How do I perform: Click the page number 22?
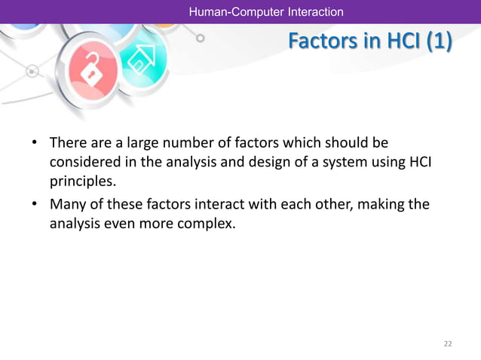tap(448, 343)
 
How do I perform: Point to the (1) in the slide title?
tap(438, 43)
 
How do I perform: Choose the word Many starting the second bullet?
tap(66, 203)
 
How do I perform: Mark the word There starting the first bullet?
tap(68, 142)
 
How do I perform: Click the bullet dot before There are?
tap(34, 143)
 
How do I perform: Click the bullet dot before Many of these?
tap(34, 204)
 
